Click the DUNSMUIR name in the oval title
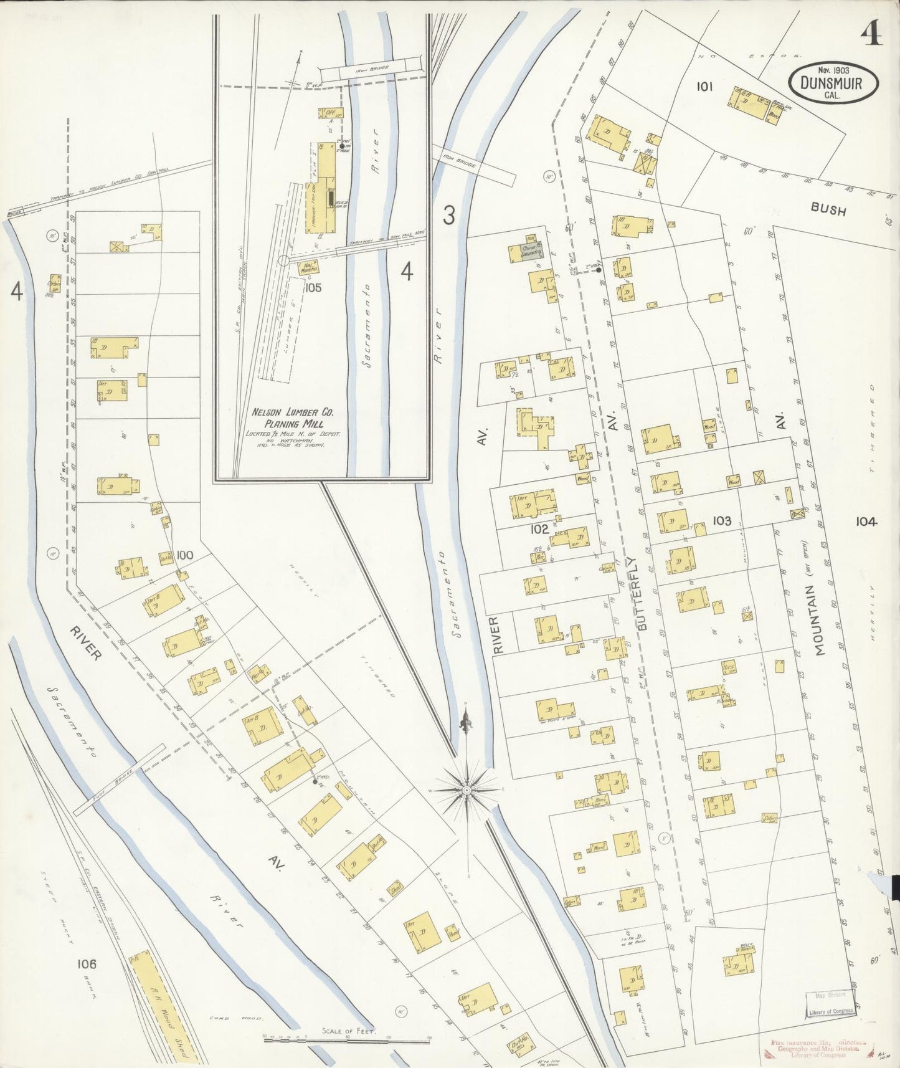(x=831, y=82)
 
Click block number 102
(x=539, y=530)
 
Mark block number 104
(x=866, y=522)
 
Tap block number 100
(x=185, y=555)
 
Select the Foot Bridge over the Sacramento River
(x=119, y=779)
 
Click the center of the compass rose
(x=467, y=790)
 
